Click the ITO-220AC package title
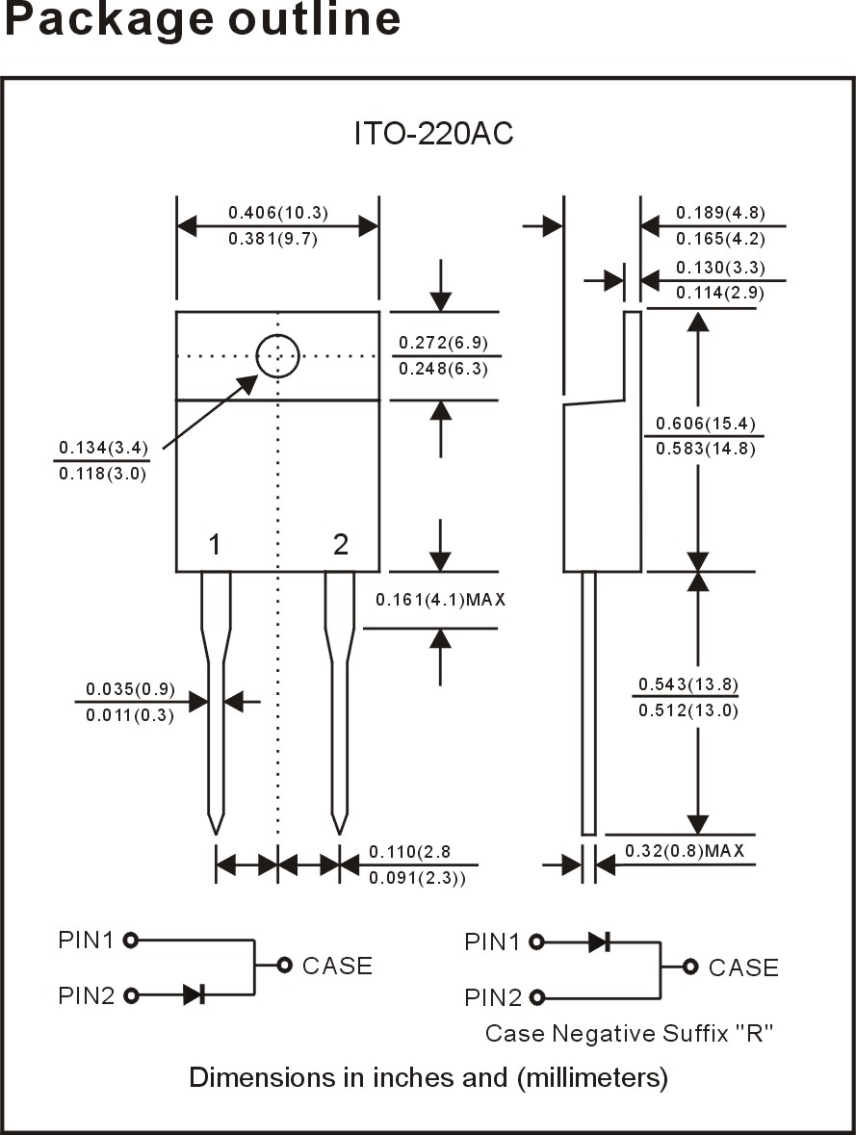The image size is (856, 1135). [x=433, y=134]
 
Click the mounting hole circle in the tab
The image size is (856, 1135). [x=278, y=355]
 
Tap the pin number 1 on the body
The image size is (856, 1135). [x=215, y=546]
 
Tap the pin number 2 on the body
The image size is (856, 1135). [x=340, y=546]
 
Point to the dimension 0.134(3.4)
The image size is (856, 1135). [x=103, y=448]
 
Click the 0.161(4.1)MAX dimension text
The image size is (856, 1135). [x=440, y=600]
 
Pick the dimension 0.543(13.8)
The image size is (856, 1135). [x=687, y=684]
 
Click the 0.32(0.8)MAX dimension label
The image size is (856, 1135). [x=684, y=851]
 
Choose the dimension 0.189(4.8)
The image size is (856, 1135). [x=720, y=213]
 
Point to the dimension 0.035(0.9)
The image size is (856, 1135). [x=130, y=689]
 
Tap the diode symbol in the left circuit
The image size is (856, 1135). [x=195, y=994]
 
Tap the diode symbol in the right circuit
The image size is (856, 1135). [x=599, y=942]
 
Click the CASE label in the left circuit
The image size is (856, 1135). [x=337, y=966]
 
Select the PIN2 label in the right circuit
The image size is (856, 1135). [x=492, y=997]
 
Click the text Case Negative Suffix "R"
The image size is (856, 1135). [x=630, y=1034]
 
